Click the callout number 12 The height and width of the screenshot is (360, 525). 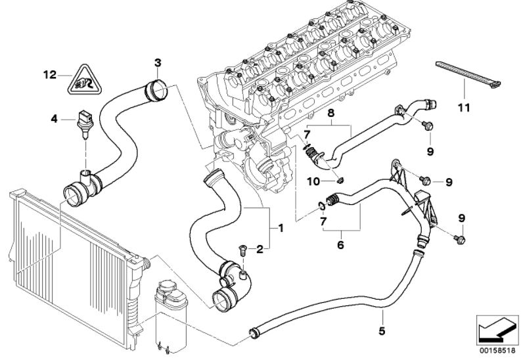(49, 75)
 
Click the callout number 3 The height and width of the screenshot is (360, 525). (158, 62)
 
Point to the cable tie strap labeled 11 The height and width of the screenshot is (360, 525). (468, 75)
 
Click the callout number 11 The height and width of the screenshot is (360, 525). (464, 108)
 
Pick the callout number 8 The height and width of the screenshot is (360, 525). (331, 113)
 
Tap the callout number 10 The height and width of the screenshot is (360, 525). (313, 181)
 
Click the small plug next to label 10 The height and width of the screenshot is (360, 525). (340, 181)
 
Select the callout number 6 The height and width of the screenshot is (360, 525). (340, 245)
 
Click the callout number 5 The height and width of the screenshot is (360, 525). (382, 331)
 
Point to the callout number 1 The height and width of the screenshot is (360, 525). (281, 228)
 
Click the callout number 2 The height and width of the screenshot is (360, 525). (260, 249)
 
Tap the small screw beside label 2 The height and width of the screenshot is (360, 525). (242, 250)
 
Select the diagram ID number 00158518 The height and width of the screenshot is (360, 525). (497, 351)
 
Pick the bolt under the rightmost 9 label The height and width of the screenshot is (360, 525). (460, 239)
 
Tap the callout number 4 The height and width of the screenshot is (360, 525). (54, 118)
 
